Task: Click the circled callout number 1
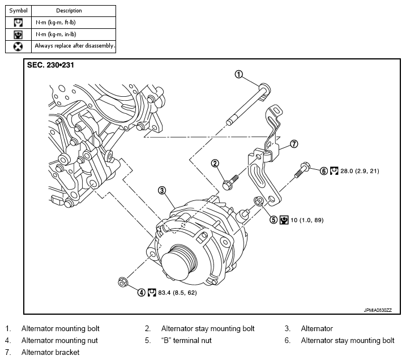tap(238, 74)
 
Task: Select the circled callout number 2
tap(215, 164)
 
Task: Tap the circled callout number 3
tap(162, 191)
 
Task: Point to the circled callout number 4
tap(141, 293)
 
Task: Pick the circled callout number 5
tap(273, 220)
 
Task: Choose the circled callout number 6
tap(324, 171)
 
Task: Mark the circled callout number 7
tap(294, 144)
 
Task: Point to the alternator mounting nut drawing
tap(122, 282)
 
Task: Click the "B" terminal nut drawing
tap(259, 201)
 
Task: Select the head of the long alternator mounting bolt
tap(265, 89)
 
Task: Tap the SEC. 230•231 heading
tap(50, 65)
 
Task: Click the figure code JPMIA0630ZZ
tap(378, 310)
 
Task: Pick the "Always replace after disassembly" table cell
tap(74, 46)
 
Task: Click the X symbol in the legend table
tap(18, 46)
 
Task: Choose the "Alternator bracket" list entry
tap(50, 352)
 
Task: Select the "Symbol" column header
tap(18, 11)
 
